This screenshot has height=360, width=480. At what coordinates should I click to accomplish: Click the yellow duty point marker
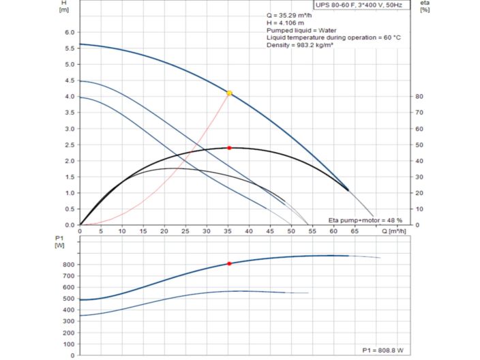coord(230,93)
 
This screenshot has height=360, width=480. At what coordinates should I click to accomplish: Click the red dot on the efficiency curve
coord(230,148)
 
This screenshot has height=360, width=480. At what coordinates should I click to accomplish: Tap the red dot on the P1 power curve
coord(229,263)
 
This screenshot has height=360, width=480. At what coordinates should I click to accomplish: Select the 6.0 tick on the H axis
coord(68,32)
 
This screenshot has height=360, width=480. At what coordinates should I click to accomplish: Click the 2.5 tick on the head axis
coord(68,145)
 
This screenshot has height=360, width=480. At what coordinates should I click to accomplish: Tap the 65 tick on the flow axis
coord(355,231)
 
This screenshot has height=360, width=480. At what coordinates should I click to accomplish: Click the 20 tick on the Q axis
coord(164,231)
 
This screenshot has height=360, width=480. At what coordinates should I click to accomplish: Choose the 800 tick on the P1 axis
coord(67,264)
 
